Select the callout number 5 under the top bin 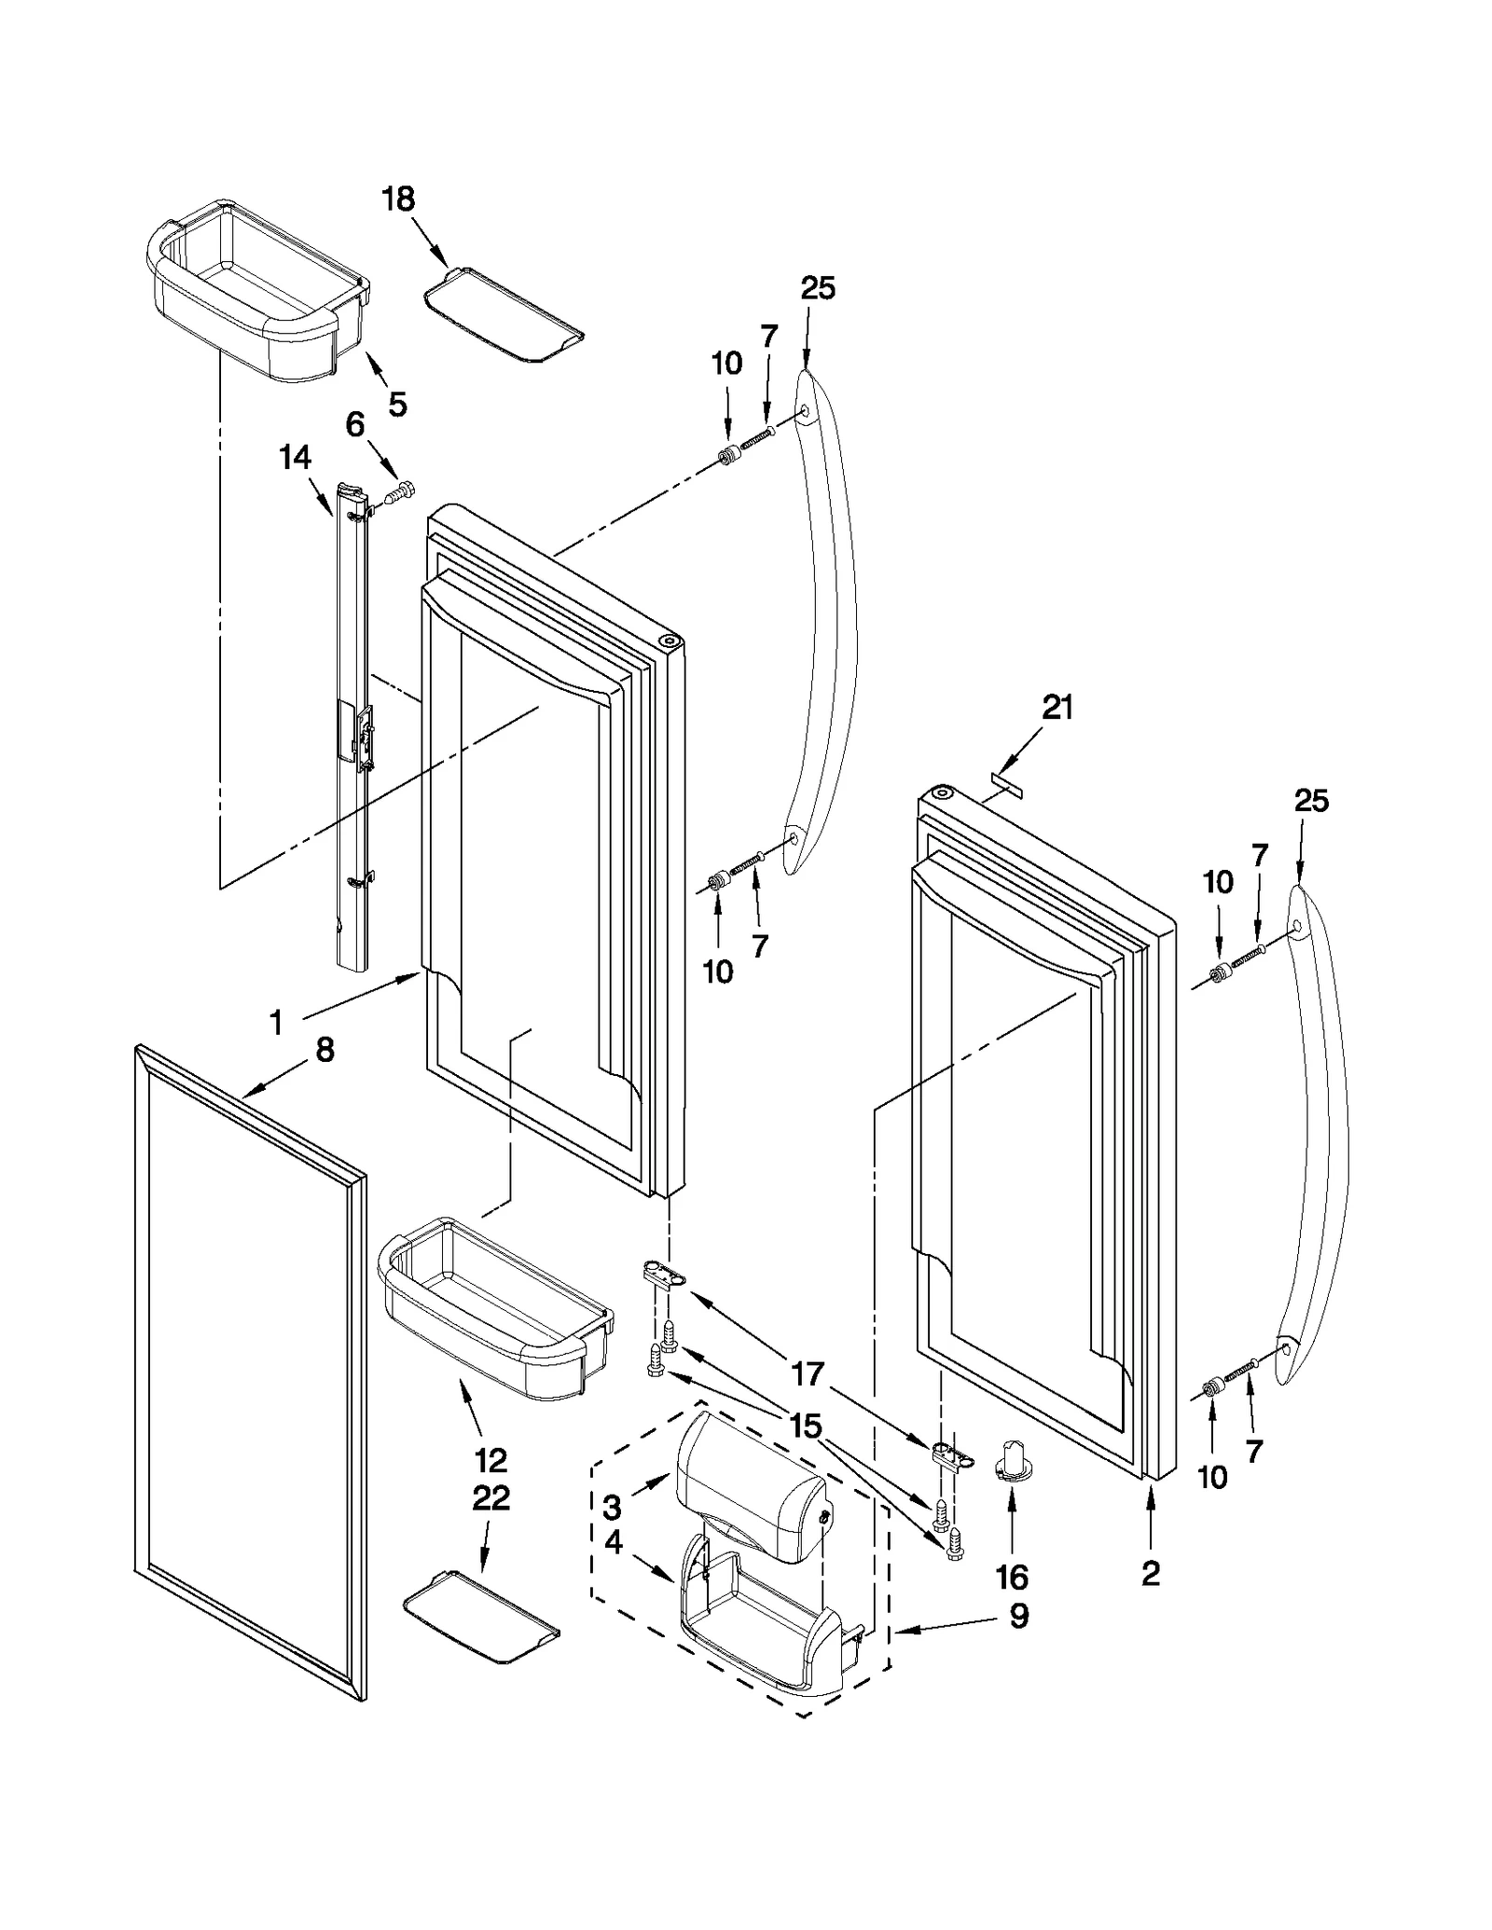397,404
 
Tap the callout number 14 295,458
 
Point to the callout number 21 1057,709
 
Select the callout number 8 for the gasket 325,1051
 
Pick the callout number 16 1011,1578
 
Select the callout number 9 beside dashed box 1018,1616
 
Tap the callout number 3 612,1507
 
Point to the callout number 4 613,1542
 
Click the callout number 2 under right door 1151,1573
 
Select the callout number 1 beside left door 276,1024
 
